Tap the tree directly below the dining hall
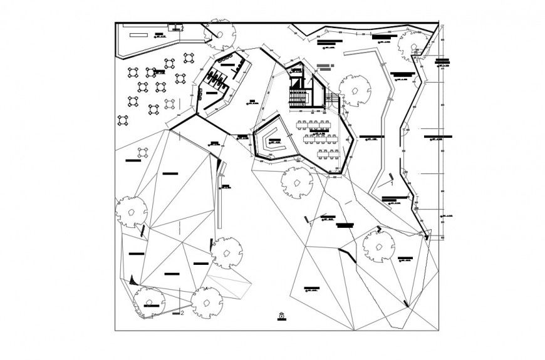296,182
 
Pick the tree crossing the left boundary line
130,211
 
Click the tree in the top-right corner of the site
413,49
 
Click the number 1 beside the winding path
392,185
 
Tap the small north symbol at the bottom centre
282,316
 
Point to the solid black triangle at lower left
132,279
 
